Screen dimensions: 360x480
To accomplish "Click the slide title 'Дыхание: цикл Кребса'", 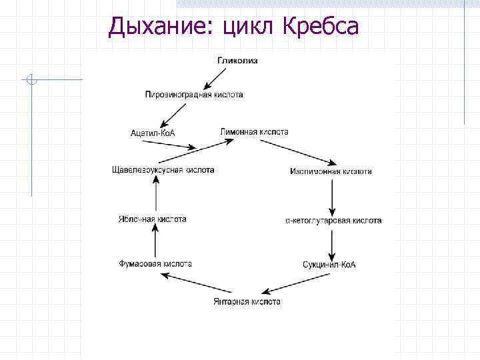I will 233,26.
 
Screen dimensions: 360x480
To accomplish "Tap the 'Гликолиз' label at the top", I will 237,61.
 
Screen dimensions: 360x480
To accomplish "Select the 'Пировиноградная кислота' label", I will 194,95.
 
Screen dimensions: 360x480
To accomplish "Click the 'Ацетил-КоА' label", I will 153,133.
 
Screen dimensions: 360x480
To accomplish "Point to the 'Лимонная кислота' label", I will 254,132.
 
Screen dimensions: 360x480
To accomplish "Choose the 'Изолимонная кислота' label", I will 331,171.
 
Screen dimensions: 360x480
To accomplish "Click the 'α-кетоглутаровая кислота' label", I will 333,220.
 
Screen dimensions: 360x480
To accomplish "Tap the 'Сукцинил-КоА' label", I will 329,264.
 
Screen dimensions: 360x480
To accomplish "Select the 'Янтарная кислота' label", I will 247,302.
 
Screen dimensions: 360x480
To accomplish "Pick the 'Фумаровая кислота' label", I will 155,263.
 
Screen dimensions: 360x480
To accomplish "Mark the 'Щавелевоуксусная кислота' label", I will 163,170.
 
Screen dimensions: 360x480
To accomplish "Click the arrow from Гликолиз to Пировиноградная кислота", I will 217,77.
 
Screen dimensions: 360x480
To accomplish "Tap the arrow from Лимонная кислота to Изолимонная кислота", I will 308,154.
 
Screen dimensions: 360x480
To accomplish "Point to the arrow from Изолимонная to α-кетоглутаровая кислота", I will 332,196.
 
